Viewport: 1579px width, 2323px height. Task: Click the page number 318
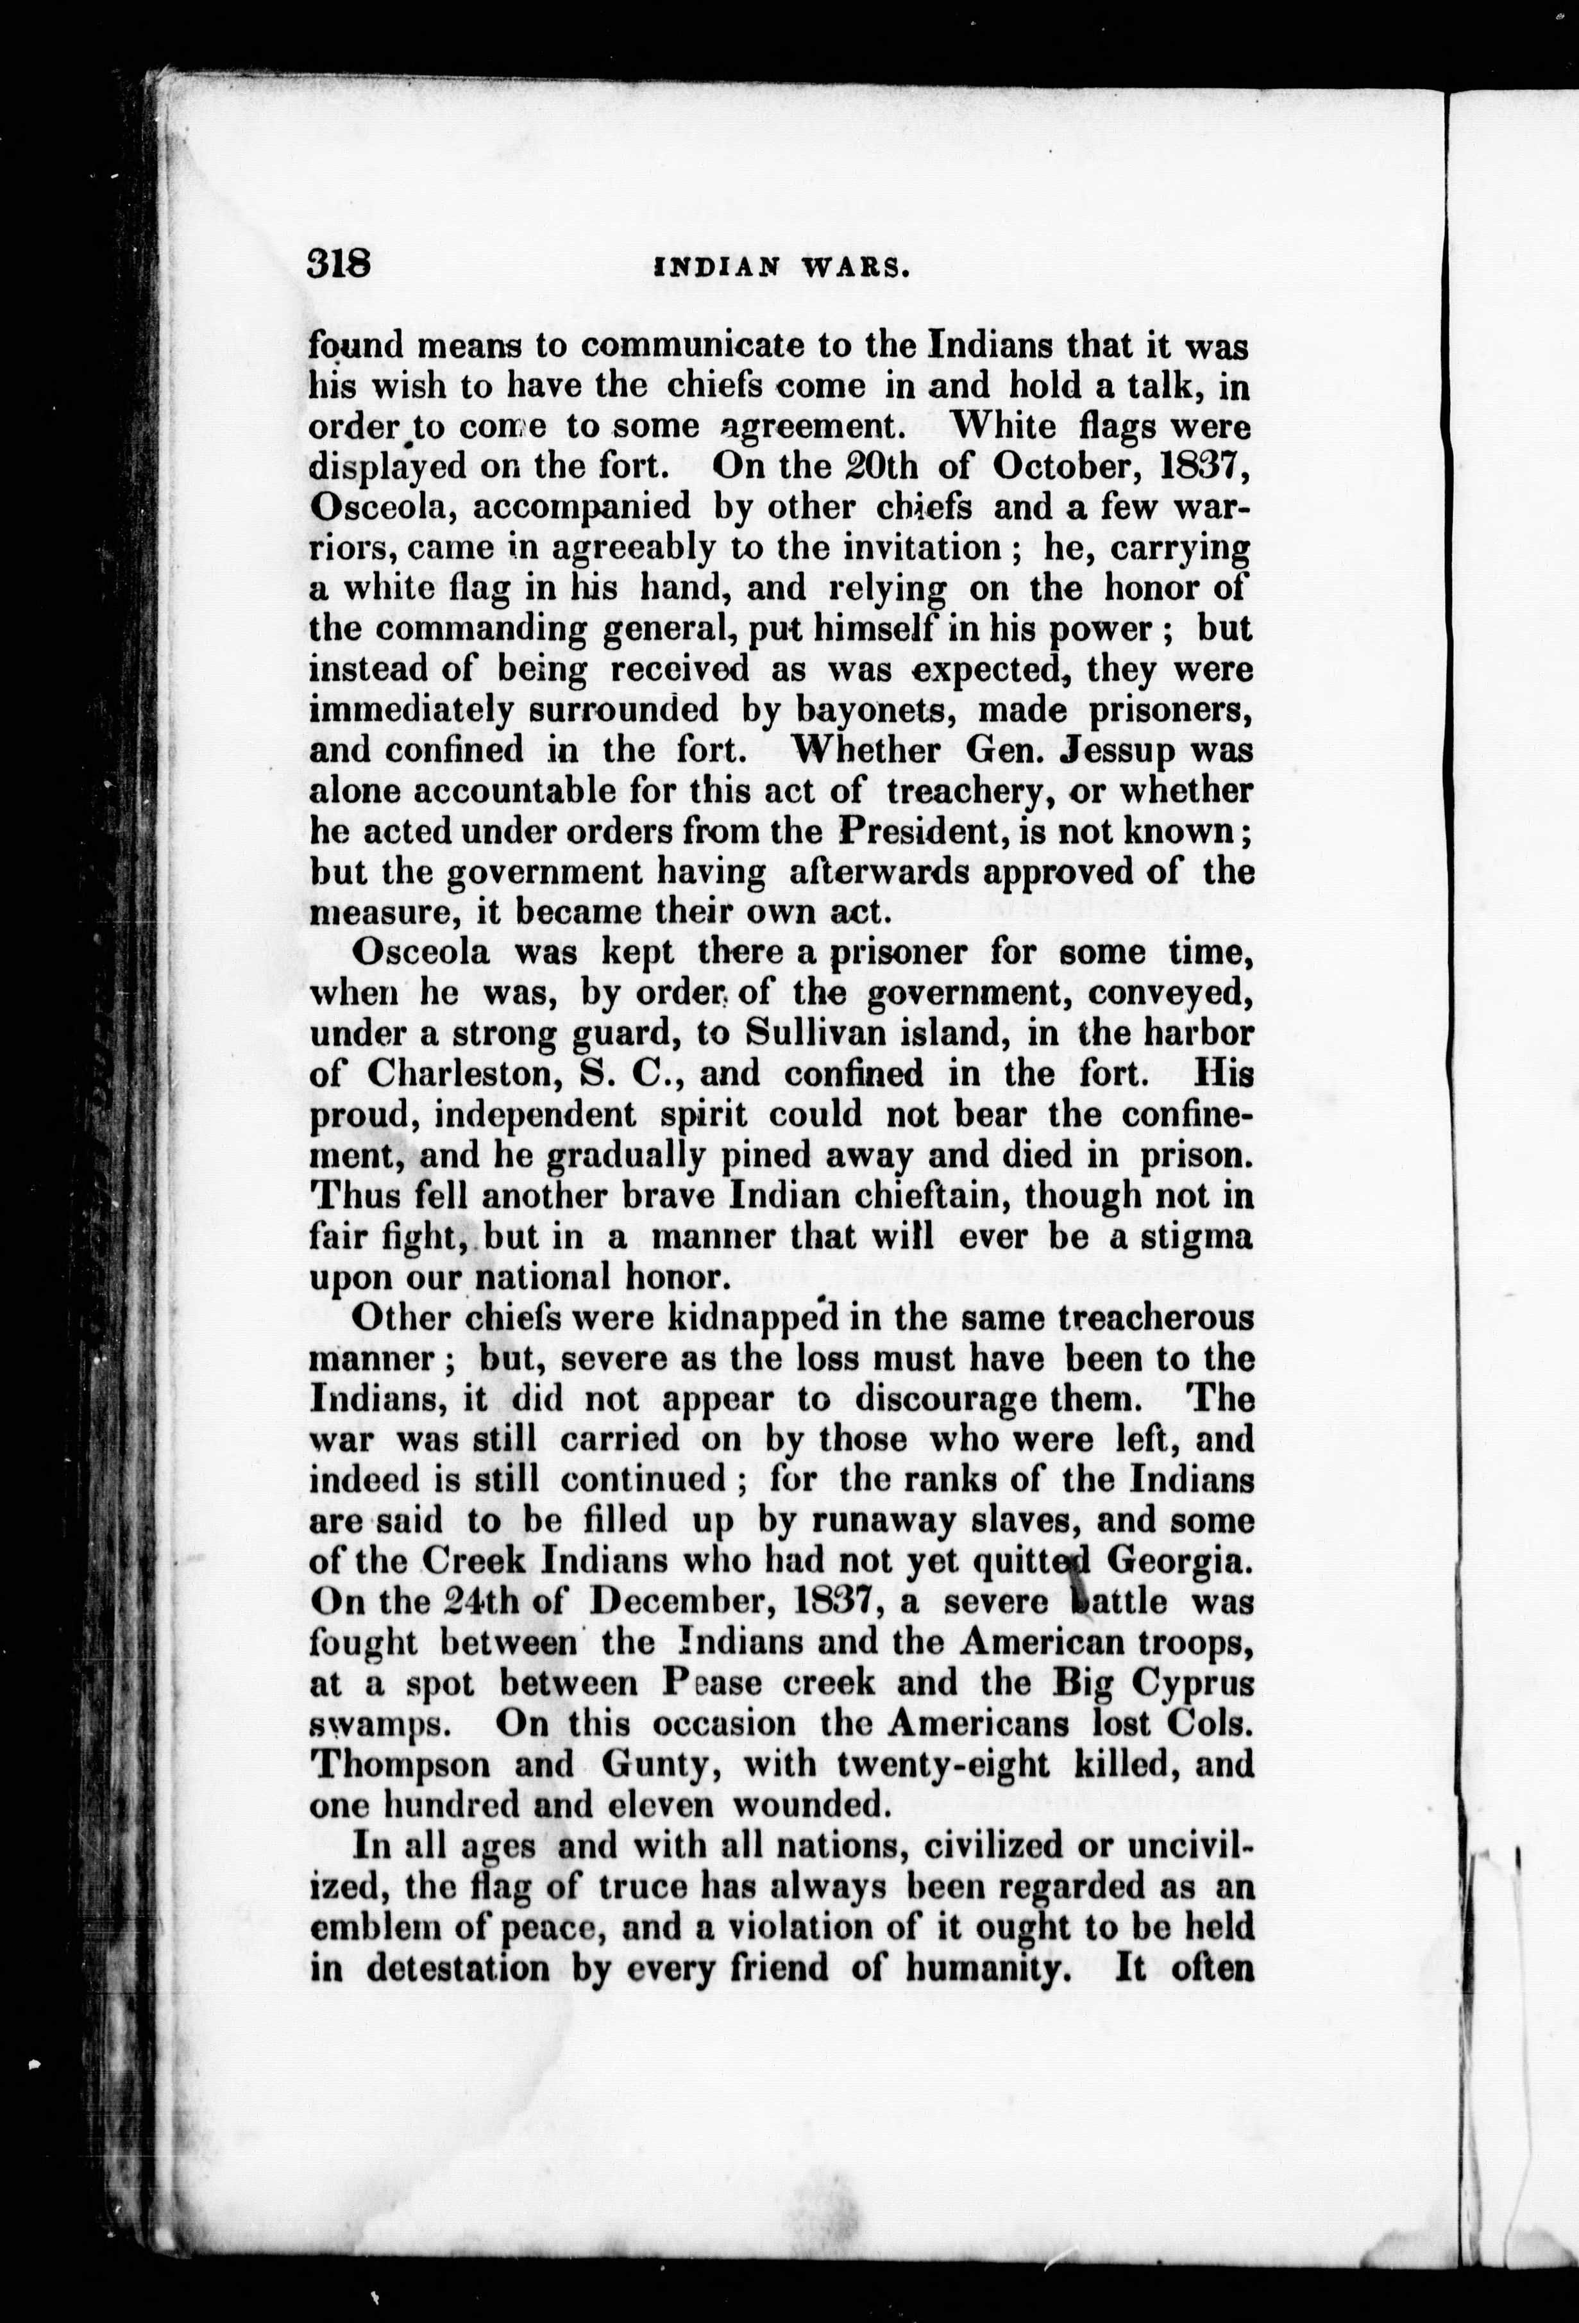(340, 267)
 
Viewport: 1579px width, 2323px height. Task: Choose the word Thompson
(401, 1764)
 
